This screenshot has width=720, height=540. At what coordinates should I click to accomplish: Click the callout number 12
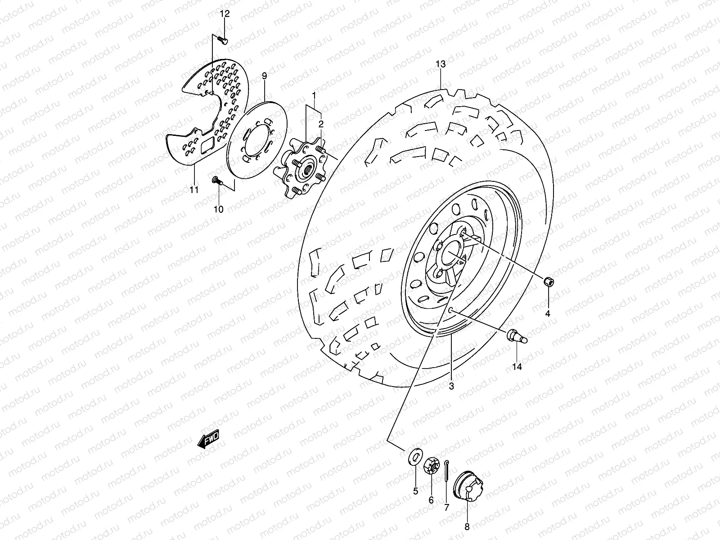point(225,14)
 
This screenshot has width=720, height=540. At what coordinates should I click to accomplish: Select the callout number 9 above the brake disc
point(264,75)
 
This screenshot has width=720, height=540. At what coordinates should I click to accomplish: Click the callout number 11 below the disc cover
point(194,190)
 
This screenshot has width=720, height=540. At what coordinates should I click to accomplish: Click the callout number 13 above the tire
point(441,64)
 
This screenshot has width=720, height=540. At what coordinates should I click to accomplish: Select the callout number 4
point(548,314)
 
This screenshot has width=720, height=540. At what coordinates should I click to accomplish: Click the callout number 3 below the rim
point(451,386)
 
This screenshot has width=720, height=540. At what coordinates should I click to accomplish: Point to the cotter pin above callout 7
point(446,470)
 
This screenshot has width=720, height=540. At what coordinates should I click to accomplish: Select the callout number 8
point(467,526)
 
